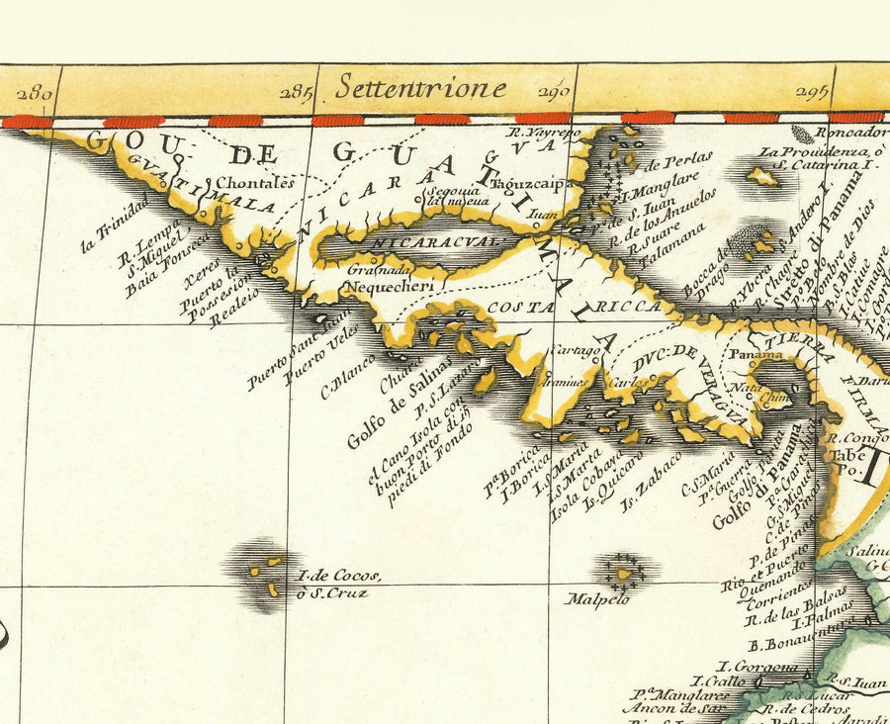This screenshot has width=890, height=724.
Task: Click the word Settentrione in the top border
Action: [420, 88]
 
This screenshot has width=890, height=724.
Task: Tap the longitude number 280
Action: [35, 95]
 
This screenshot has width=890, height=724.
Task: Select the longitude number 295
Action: [811, 94]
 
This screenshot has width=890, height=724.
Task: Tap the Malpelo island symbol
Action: [624, 572]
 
